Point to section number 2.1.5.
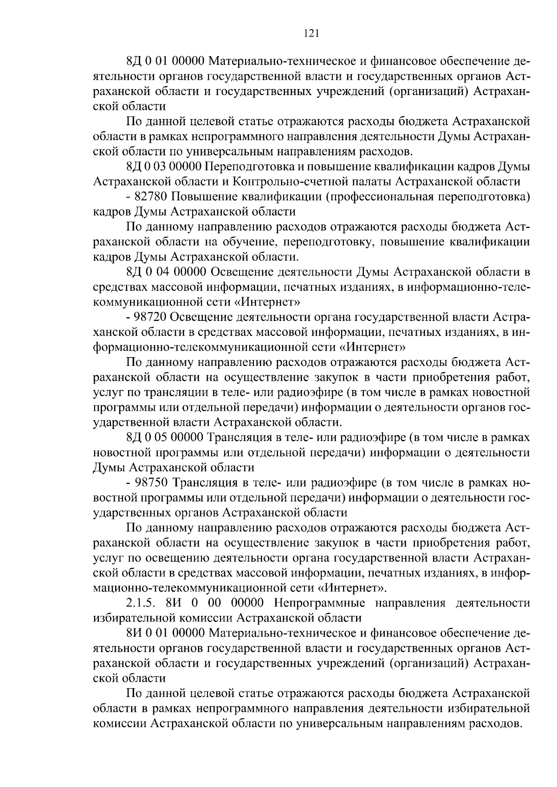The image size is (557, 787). tap(141, 603)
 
